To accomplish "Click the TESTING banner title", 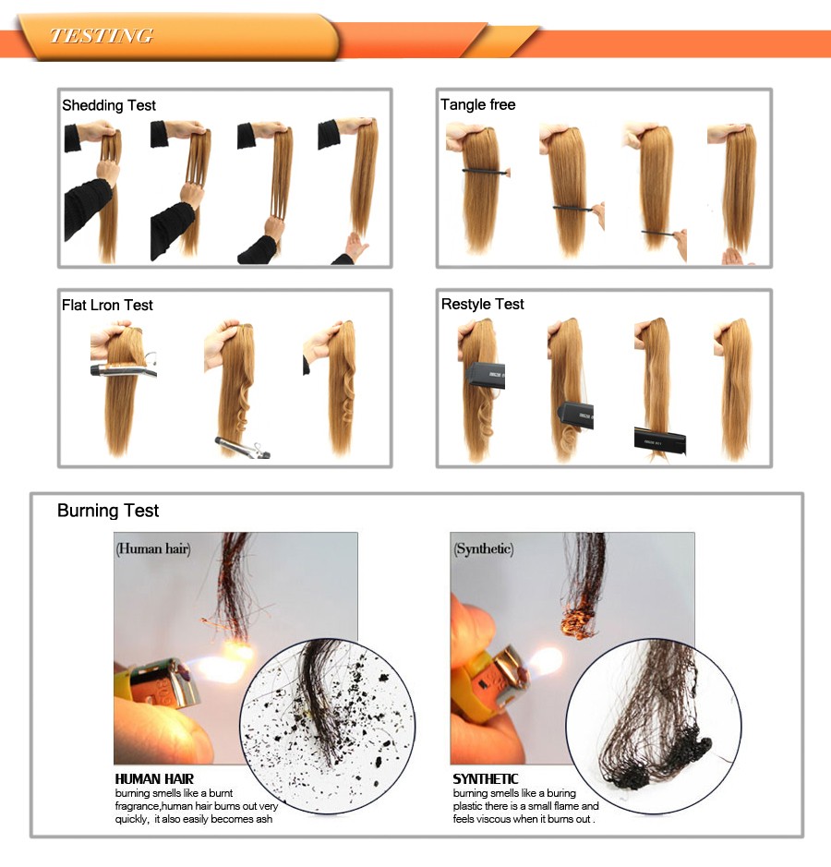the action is tap(102, 36).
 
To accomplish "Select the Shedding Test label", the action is tap(109, 105).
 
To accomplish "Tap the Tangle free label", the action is tap(477, 104).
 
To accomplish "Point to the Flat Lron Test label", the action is tap(107, 305).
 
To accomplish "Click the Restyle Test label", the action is tap(483, 304).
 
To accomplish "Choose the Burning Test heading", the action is tap(108, 511).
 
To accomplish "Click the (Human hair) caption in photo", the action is tap(153, 548).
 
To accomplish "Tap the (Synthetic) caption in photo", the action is tap(484, 548).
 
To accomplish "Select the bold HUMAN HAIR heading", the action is tap(154, 778).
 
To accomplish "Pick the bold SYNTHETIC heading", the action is tap(486, 778).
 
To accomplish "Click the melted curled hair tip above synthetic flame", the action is tap(578, 620).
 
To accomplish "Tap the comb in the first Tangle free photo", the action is tap(486, 172).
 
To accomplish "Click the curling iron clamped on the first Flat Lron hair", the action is tap(124, 367).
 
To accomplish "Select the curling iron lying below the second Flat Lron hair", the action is tap(242, 447).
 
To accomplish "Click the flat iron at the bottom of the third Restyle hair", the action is tap(659, 440).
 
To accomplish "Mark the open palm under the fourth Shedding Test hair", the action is tap(354, 247).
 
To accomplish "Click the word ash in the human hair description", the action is tap(263, 819).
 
